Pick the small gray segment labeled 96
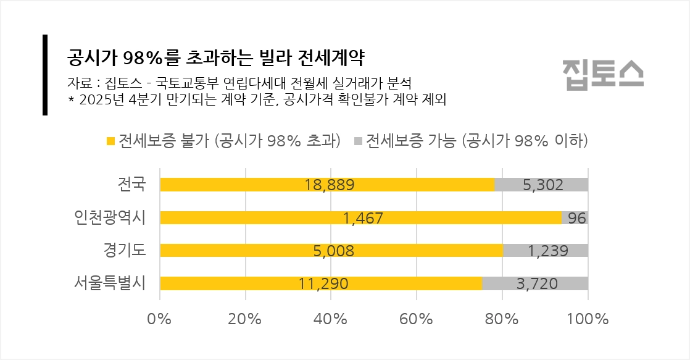[575, 217]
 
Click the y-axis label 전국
[131, 183]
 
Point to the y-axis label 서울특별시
[109, 283]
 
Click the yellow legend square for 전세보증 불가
[110, 141]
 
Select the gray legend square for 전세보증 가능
[358, 141]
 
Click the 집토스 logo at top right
[602, 74]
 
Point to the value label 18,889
[329, 185]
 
